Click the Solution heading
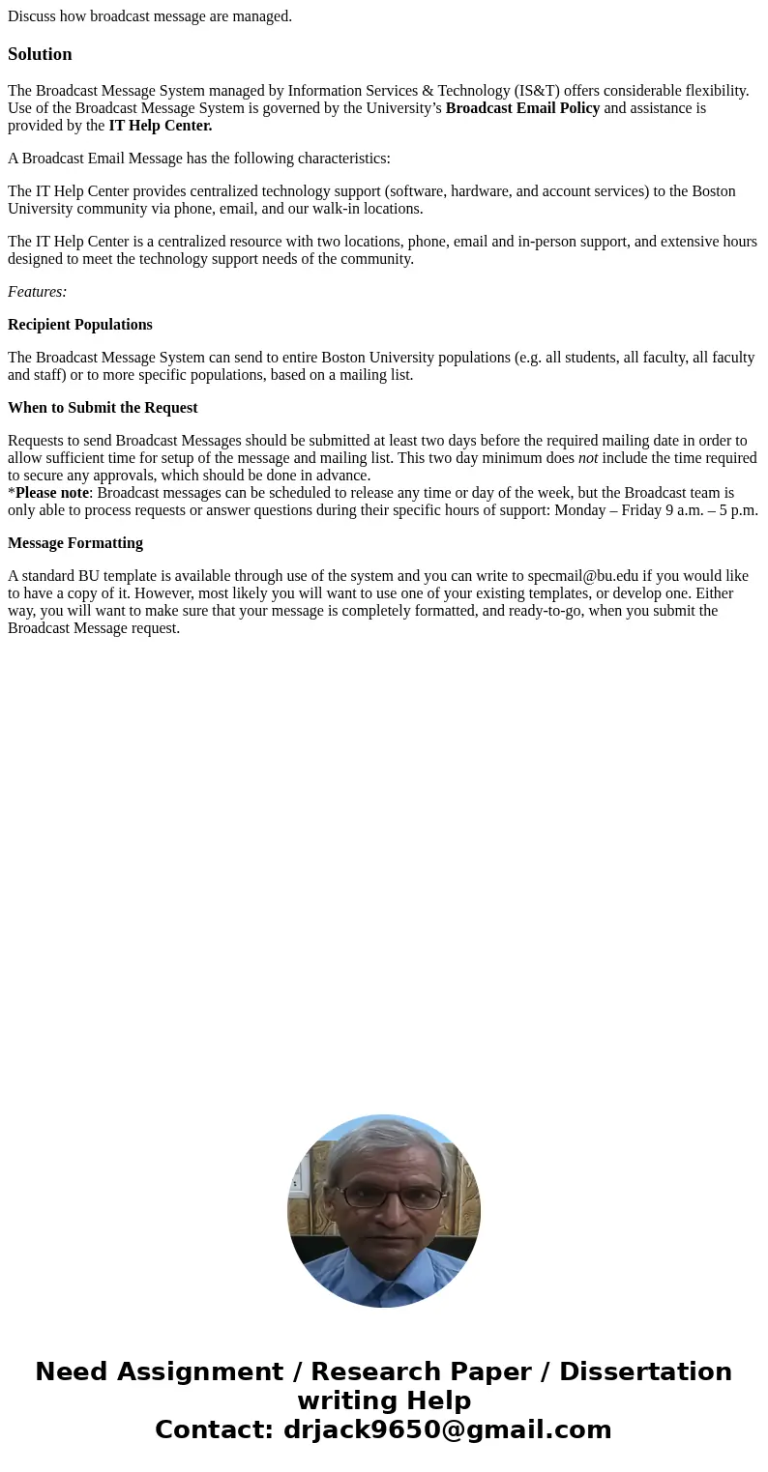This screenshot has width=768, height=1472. click(40, 54)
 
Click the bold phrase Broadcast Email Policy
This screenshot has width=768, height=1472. click(522, 108)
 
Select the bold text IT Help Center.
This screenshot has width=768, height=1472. click(161, 126)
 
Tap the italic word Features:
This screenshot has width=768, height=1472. click(37, 292)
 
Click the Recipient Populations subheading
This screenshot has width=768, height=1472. click(80, 325)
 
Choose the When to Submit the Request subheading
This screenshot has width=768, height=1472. click(103, 408)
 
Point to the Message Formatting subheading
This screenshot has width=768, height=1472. click(75, 543)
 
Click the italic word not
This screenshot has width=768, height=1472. click(588, 458)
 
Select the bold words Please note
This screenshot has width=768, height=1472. click(52, 493)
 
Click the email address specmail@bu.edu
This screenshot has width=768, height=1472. click(583, 576)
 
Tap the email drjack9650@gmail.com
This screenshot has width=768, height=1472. click(448, 1429)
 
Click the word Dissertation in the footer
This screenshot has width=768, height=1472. click(645, 1371)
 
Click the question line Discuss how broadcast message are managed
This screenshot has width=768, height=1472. click(150, 16)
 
